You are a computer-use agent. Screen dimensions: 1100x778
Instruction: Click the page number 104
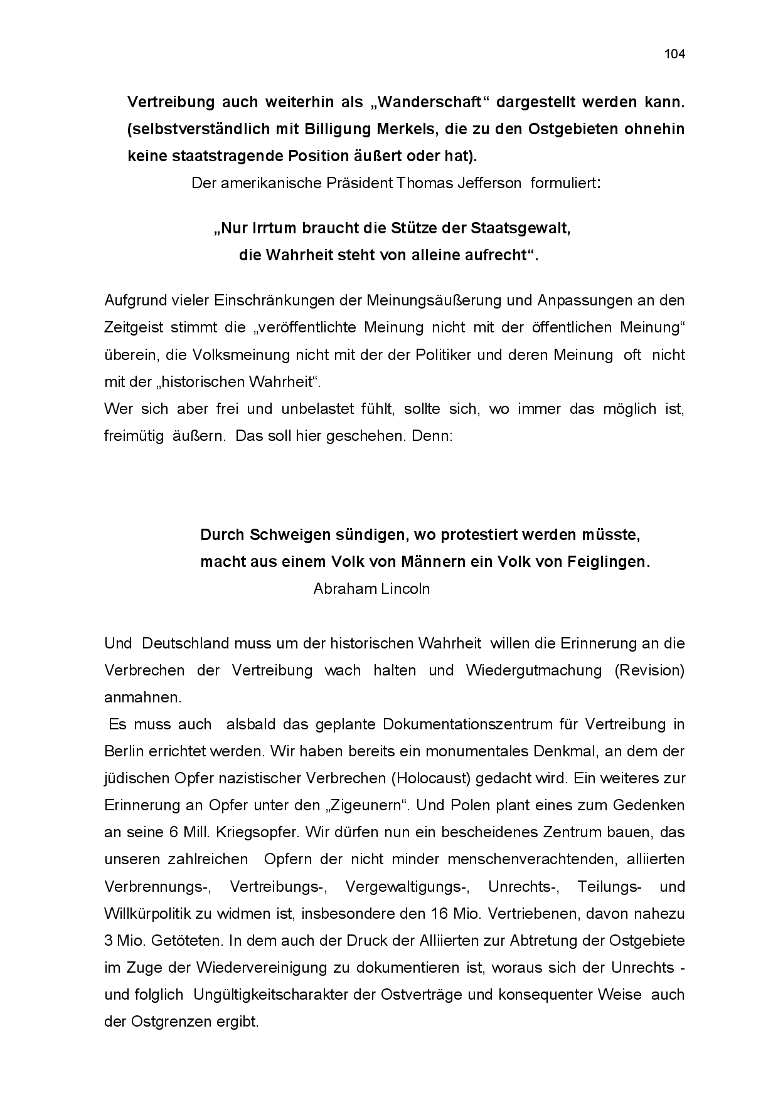(x=674, y=54)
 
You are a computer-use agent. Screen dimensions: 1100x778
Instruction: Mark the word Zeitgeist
(x=134, y=327)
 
